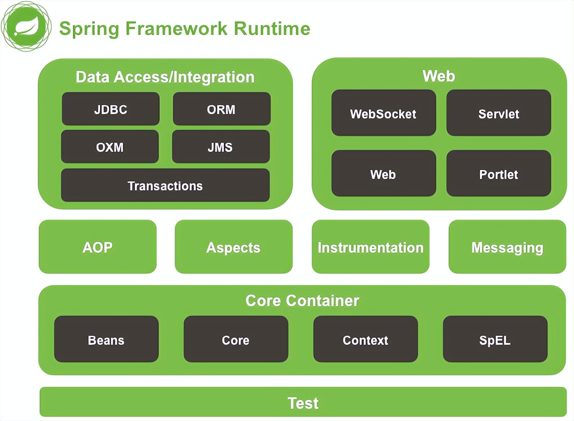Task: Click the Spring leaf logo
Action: [x=26, y=27]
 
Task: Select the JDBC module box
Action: [x=111, y=109]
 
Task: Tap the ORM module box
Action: [x=222, y=109]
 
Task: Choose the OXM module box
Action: [x=110, y=146]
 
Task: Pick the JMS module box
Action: [x=221, y=146]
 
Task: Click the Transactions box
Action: [x=165, y=186]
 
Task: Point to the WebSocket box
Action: [x=384, y=113]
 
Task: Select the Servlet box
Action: [x=499, y=113]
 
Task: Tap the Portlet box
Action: [x=499, y=174]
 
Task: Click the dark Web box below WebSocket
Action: [x=384, y=174]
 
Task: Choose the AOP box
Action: [x=97, y=247]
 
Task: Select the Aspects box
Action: [x=233, y=247]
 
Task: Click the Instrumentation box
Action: [x=370, y=247]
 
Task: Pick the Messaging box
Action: [x=507, y=247]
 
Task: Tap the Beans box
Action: [x=106, y=339]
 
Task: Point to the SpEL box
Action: [x=495, y=339]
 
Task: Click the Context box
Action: [x=366, y=339]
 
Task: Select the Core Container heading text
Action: [x=302, y=300]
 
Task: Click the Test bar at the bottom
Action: [x=303, y=402]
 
